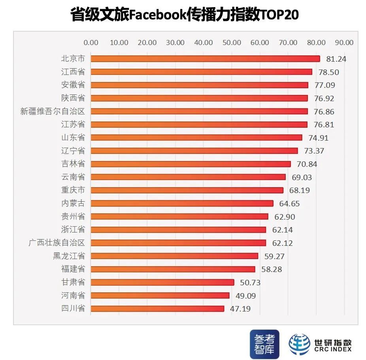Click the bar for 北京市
click(x=206, y=59)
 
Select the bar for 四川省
click(x=157, y=309)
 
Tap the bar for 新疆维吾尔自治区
click(x=199, y=111)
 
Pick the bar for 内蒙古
click(x=182, y=203)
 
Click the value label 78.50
click(x=327, y=72)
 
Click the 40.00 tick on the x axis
click(x=204, y=43)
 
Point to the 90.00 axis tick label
click(x=344, y=43)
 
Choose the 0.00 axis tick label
click(x=91, y=43)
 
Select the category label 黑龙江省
click(x=69, y=256)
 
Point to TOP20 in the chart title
click(x=279, y=15)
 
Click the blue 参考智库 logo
click(x=264, y=344)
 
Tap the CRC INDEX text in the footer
click(x=332, y=349)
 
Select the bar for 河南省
click(x=160, y=296)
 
